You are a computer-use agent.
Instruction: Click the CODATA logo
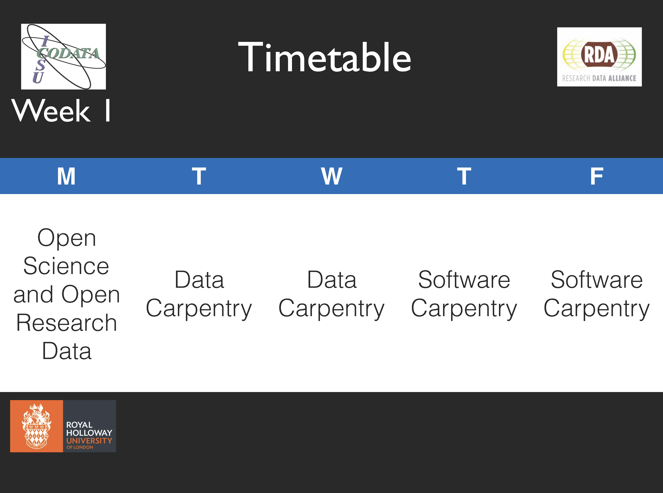point(64,56)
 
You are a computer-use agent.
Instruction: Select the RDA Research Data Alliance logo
point(599,57)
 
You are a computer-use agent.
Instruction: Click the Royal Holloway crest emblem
point(36,426)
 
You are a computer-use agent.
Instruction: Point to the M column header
point(66,176)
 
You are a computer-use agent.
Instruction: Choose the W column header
point(331,176)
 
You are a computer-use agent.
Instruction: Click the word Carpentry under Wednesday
point(331,309)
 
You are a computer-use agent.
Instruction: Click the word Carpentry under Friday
point(597,309)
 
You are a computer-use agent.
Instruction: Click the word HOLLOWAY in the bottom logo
point(89,433)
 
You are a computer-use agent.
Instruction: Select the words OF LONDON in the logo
point(80,447)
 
